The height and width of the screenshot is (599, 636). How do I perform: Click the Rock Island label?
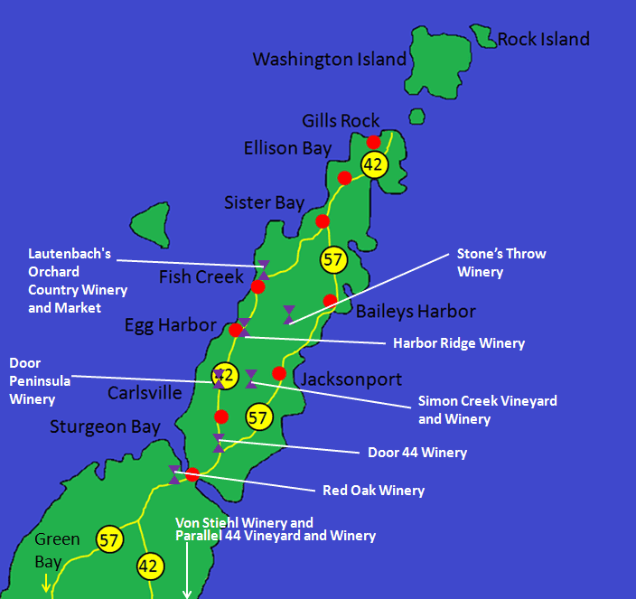point(543,39)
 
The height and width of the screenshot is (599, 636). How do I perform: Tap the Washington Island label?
point(330,60)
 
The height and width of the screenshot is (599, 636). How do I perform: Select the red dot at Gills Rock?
point(373,142)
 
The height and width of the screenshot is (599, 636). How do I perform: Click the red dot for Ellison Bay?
point(344,177)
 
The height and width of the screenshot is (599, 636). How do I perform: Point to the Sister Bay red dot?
point(323,221)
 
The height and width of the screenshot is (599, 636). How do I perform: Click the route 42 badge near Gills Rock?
point(374,164)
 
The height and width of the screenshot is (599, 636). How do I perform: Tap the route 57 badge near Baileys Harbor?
point(334,260)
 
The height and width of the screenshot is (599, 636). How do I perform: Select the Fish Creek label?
point(201,276)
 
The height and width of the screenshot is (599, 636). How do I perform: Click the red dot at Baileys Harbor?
point(330,301)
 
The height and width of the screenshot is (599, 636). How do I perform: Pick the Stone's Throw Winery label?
point(501,262)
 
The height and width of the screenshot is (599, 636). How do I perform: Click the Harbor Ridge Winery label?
point(459,343)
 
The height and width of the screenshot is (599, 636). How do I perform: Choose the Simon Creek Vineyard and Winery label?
point(488,409)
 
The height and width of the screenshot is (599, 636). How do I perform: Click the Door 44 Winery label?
point(417,452)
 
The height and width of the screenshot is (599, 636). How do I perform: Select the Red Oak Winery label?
point(373,491)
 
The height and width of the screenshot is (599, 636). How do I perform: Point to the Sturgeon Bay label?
point(106,426)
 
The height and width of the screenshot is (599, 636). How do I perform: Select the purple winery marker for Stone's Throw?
point(288,314)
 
